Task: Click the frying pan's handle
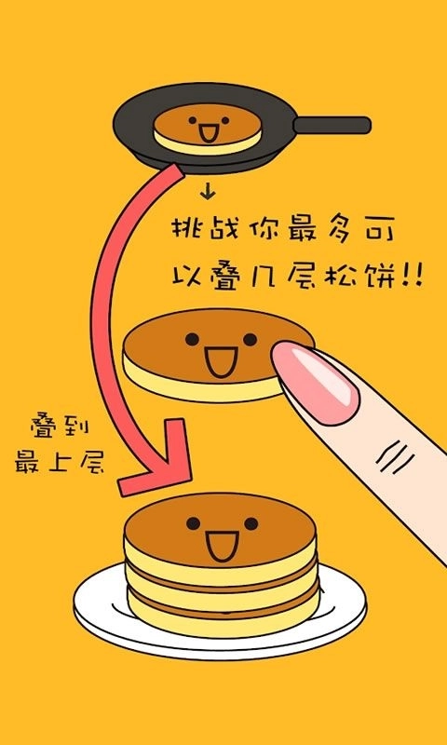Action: (332, 125)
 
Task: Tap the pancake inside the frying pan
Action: (208, 129)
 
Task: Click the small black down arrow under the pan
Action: (208, 192)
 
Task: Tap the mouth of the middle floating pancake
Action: (222, 362)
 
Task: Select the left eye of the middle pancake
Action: (192, 339)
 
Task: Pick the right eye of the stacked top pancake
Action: (251, 523)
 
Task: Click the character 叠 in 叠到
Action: (45, 425)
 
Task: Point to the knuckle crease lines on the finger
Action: (394, 457)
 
